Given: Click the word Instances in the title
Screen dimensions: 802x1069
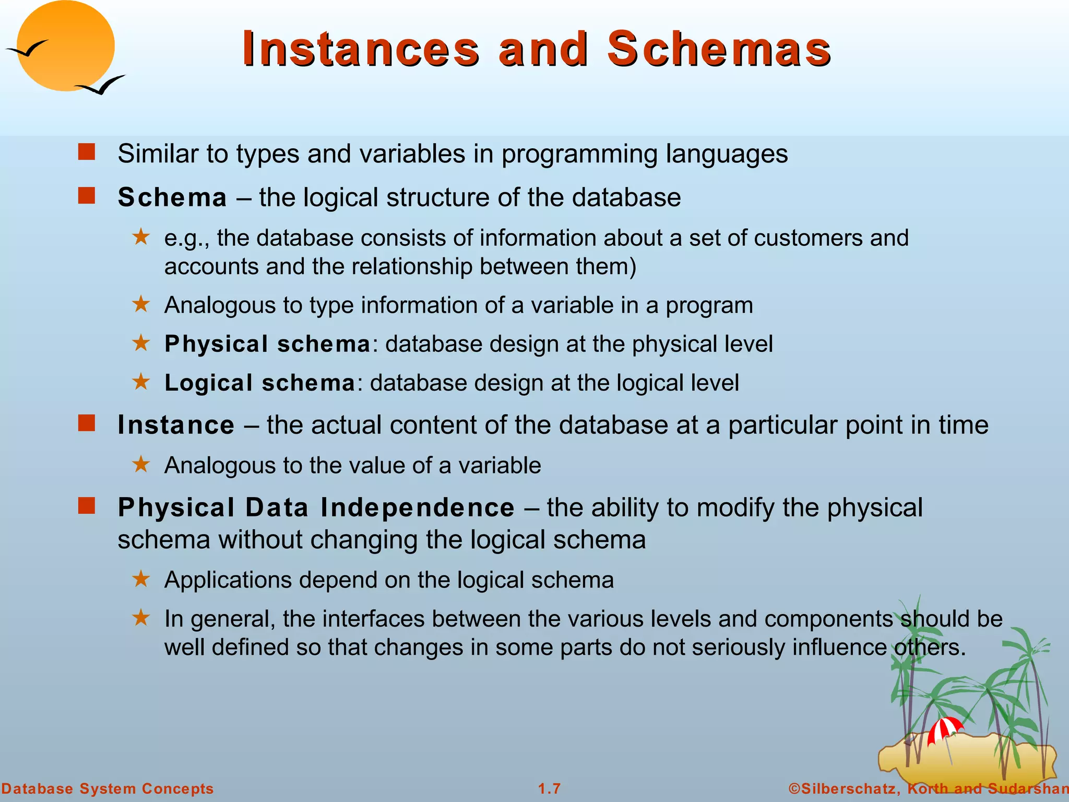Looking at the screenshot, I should click(360, 49).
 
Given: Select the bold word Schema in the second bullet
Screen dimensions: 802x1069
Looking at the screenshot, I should click(172, 198).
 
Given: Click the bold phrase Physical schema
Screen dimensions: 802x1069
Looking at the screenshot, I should click(267, 344).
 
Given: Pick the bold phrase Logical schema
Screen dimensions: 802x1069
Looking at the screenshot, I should click(260, 383).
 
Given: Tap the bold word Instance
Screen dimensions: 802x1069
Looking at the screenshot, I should click(176, 425).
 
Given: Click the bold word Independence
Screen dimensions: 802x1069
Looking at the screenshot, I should click(417, 508).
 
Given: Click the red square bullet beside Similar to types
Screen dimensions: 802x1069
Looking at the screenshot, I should click(87, 152).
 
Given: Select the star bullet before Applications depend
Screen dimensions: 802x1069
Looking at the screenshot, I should click(141, 579).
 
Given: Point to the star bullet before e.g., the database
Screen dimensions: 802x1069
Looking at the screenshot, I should click(141, 237).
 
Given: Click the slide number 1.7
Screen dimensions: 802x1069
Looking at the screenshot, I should click(549, 788).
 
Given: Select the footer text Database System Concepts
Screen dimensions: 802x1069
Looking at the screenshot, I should click(108, 788).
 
